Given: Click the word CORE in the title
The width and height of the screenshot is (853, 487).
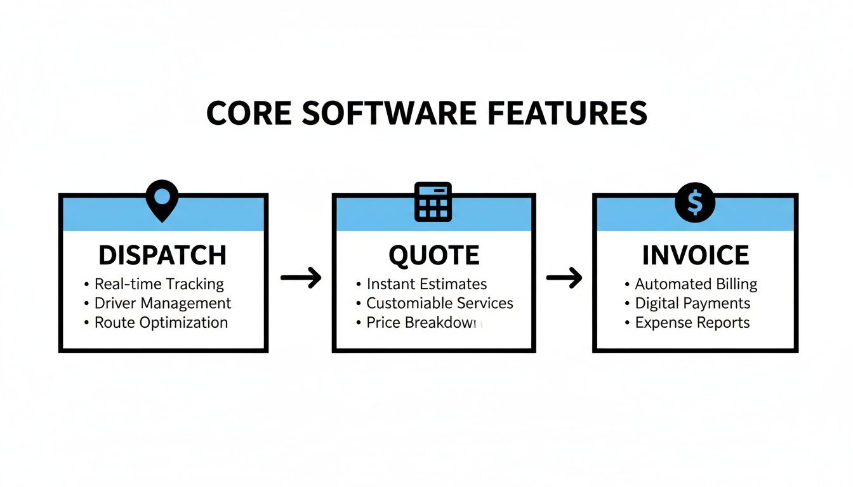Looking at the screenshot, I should pos(249,113).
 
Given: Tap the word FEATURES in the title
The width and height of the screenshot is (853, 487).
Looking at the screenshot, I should pos(567,113).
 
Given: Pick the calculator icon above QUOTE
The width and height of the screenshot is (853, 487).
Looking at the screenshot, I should pos(433,202).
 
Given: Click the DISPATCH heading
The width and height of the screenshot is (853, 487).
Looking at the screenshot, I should pos(162,255).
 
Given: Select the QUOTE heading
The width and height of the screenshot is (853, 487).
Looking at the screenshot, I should pos(434,255).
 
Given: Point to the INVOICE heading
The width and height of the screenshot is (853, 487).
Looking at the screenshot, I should pos(696,255).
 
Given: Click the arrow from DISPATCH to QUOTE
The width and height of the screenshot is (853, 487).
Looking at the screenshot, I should pos(301,278).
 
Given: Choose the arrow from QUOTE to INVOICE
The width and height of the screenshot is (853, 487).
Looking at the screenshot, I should pos(564,278).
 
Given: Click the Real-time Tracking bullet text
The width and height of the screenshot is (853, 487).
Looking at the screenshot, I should pos(159,284).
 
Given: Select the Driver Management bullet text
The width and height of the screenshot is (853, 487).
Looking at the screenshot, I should pos(162,303).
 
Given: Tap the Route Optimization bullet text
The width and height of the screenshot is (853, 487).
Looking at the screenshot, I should pos(161,322).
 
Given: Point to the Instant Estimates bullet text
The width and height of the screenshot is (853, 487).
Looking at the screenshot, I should pos(426,284).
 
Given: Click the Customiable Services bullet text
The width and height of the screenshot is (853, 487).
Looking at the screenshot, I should pos(440,303).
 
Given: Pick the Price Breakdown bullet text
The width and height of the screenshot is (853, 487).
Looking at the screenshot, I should pos(423,322).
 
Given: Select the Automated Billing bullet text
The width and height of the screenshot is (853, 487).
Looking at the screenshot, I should pos(696,284).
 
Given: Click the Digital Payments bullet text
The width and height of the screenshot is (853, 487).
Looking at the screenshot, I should pos(692,303).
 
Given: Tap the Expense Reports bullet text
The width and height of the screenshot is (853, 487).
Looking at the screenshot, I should pos(692,322).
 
